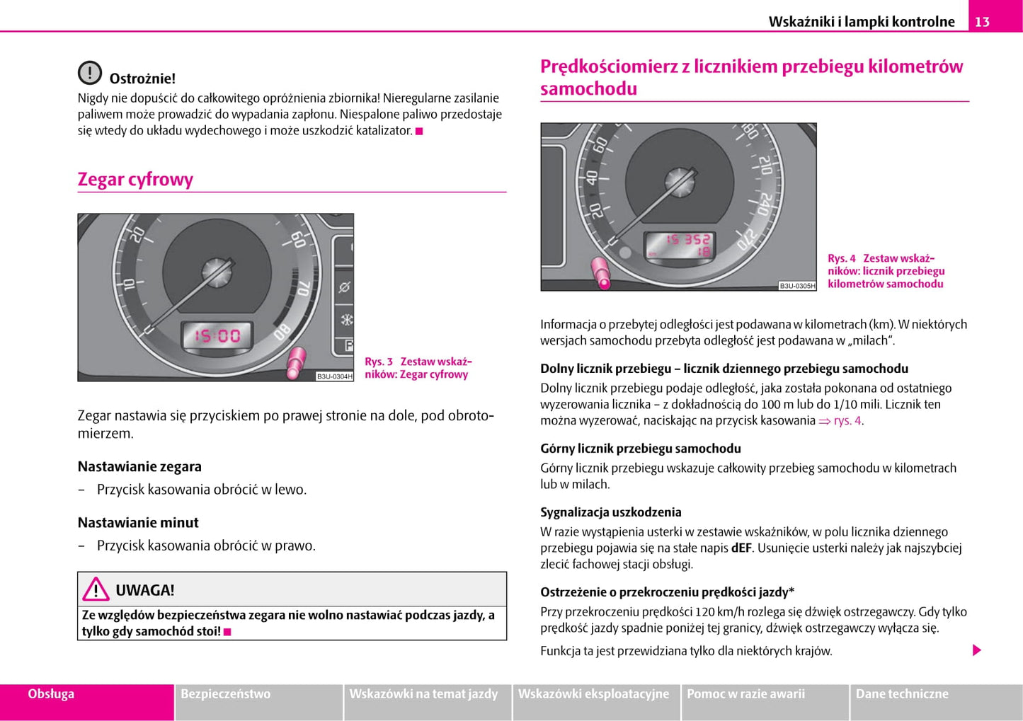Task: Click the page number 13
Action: (982, 22)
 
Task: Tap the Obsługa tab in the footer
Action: (51, 694)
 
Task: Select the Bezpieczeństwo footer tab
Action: (226, 694)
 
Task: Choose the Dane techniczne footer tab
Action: (902, 694)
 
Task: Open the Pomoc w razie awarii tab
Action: (745, 694)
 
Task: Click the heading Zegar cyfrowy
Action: (135, 180)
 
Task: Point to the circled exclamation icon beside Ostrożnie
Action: (90, 73)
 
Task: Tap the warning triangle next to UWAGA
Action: (96, 589)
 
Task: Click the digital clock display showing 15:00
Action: (218, 335)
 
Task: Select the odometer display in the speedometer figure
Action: (679, 245)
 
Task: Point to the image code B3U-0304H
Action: (334, 376)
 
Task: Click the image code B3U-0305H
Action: (797, 286)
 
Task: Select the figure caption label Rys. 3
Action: (379, 362)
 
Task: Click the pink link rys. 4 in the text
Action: (847, 421)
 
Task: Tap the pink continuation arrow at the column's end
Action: (977, 650)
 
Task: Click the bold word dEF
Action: (741, 548)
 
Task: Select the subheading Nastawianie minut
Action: (138, 523)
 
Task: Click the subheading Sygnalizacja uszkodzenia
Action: (610, 512)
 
